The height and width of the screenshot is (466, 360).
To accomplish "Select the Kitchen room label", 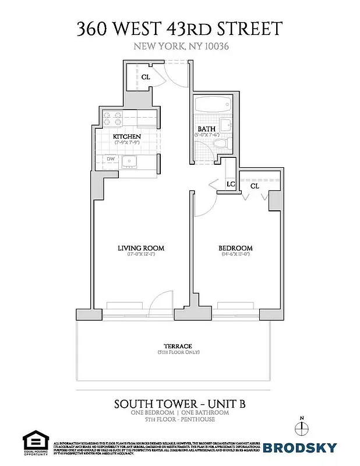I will pyautogui.click(x=127, y=136).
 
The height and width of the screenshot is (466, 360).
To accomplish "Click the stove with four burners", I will pyautogui.click(x=112, y=120).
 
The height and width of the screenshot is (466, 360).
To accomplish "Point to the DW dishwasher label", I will pyautogui.click(x=110, y=158).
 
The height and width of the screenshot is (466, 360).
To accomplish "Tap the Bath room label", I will pyautogui.click(x=206, y=129).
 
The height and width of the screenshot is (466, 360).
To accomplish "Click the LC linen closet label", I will pyautogui.click(x=230, y=184).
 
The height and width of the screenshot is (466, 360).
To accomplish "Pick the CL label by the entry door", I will pyautogui.click(x=146, y=76).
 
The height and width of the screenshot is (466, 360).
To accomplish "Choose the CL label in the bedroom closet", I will pyautogui.click(x=255, y=186).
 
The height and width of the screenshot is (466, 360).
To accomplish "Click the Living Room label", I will pyautogui.click(x=141, y=248).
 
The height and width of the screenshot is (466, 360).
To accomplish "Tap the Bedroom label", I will pyautogui.click(x=236, y=248).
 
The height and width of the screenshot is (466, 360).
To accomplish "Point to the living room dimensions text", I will pyautogui.click(x=141, y=255).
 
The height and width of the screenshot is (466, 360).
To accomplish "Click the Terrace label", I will pyautogui.click(x=178, y=346).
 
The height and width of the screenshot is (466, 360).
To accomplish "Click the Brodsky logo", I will pyautogui.click(x=299, y=447).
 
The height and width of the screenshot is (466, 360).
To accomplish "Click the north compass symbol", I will pyautogui.click(x=301, y=428).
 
